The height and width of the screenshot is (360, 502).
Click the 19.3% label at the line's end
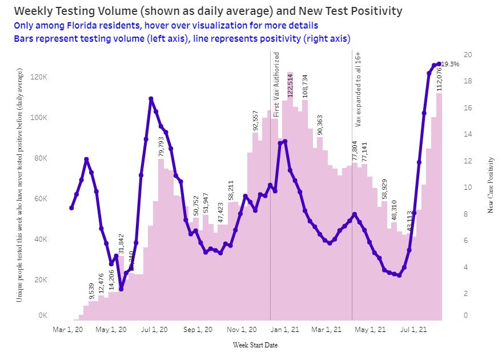point(451,64)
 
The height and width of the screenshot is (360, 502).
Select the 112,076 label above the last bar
point(439,79)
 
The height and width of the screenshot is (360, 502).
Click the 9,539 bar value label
point(92,290)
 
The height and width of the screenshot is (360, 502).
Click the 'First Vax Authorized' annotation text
point(277,85)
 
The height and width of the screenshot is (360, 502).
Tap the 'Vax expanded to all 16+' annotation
point(359,94)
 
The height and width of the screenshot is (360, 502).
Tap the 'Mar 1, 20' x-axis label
point(68,329)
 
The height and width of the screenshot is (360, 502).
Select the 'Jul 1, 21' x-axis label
point(414,329)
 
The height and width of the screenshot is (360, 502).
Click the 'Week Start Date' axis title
point(256,345)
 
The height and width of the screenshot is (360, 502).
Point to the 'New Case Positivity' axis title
point(490,186)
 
